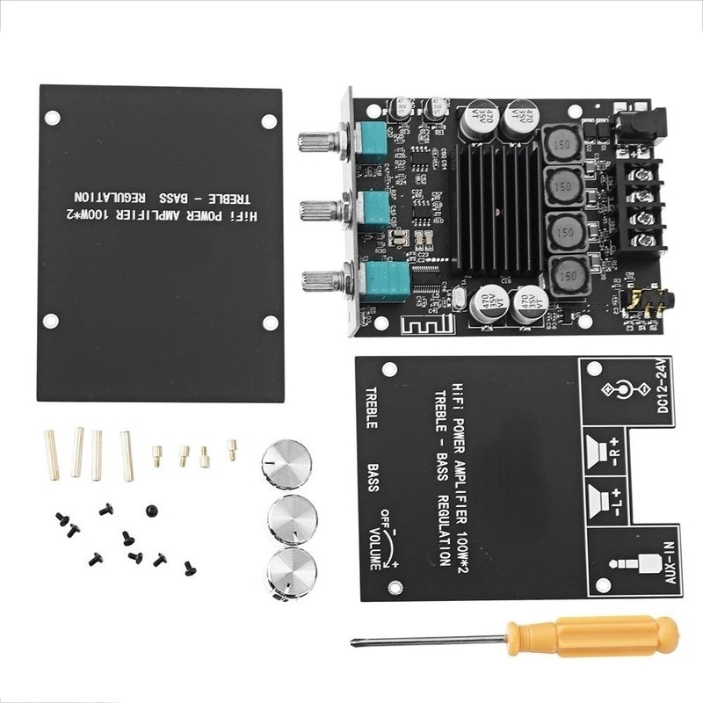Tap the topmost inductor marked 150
(563, 143)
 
